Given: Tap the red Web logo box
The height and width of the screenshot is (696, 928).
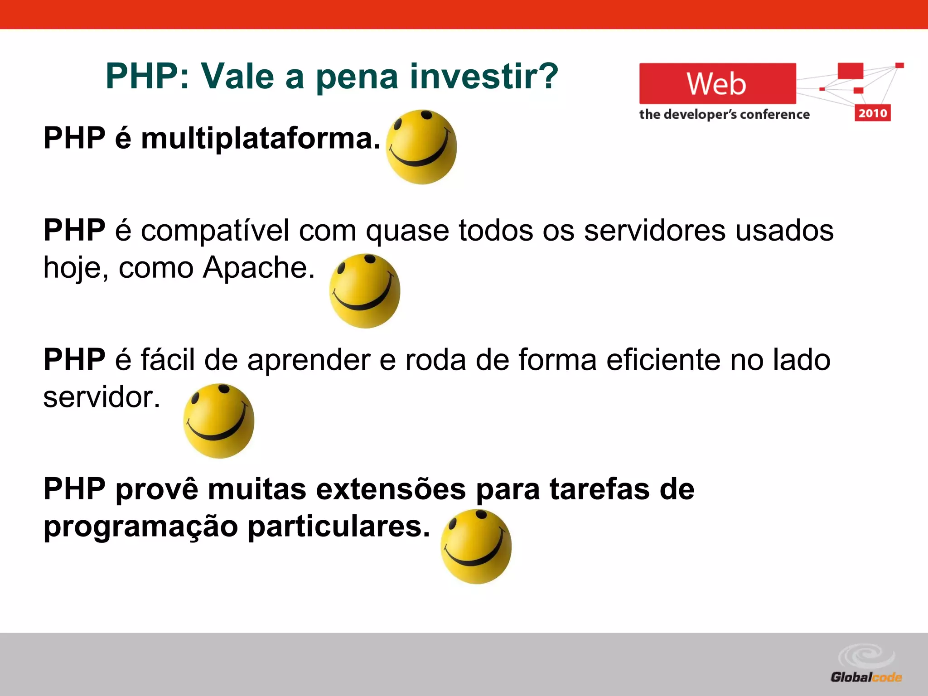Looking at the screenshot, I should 717,84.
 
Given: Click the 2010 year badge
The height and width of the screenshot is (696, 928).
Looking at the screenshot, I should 872,113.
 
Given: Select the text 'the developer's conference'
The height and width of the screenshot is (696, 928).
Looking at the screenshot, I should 724,114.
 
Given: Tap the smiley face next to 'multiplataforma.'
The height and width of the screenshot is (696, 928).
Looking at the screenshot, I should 421,147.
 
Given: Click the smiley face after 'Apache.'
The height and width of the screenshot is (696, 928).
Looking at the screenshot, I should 364,291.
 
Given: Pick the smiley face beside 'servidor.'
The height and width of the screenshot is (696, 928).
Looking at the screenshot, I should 218,421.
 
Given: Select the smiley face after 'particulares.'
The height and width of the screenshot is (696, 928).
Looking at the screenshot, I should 476,546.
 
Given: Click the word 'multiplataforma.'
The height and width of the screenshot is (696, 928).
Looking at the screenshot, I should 261,138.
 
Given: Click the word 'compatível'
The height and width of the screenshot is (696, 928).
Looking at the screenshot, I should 215,231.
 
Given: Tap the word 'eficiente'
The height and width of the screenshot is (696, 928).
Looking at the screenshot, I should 663,360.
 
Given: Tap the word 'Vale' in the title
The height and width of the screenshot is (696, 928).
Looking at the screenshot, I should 237,76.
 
